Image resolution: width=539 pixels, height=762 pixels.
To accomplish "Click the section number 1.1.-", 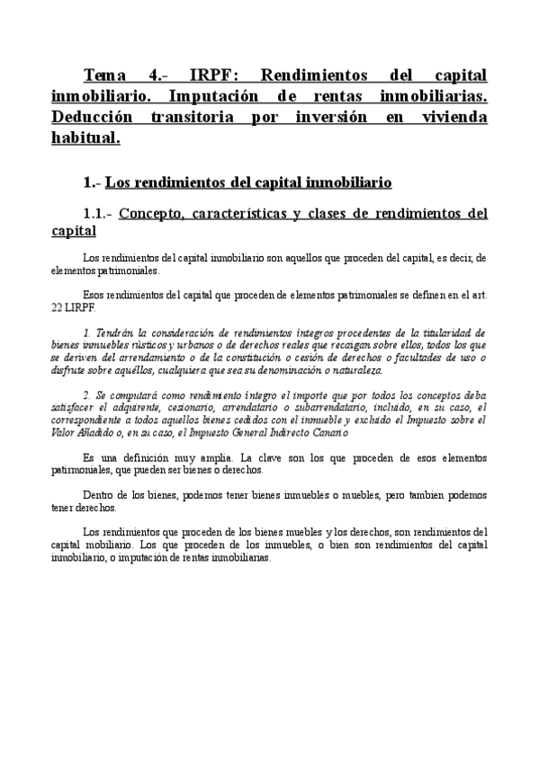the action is pyautogui.click(x=97, y=214).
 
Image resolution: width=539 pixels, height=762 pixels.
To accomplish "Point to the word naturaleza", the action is pyautogui.click(x=355, y=369).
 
